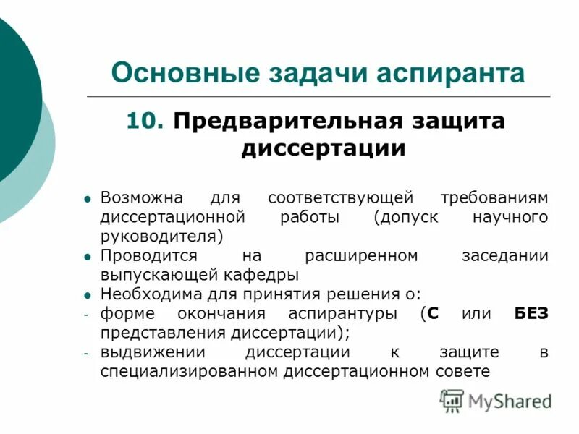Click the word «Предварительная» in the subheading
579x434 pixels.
(280, 121)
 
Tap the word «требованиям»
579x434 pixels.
(494, 197)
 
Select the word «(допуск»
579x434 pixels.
(406, 217)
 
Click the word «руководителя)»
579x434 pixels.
(162, 237)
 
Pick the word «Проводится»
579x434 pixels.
(148, 255)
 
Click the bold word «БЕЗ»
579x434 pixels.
(531, 314)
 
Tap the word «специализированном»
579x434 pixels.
(190, 372)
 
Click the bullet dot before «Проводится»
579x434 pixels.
(87, 256)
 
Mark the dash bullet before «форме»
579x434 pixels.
(85, 315)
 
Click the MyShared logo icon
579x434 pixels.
(452, 400)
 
